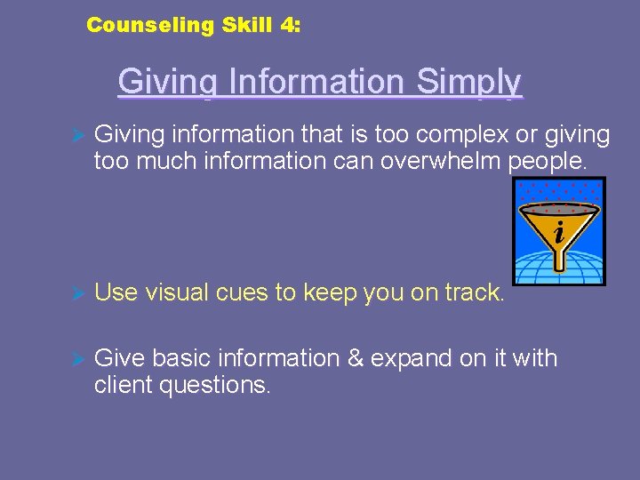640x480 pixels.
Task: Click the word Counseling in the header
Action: (x=150, y=26)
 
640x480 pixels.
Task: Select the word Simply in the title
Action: (x=468, y=82)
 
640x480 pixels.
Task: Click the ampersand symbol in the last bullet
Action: (x=356, y=358)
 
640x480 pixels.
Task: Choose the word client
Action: (x=122, y=385)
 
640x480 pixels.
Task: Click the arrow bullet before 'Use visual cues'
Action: (x=76, y=292)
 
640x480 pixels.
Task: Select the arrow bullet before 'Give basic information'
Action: (x=76, y=359)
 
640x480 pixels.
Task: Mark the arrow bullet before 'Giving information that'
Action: (x=76, y=135)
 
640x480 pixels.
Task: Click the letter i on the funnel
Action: (x=558, y=233)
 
